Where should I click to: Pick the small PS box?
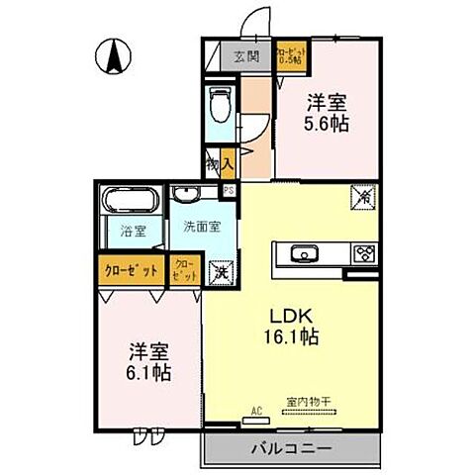click(229, 192)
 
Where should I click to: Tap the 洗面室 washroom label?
click(201, 226)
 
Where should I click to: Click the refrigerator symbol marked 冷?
click(360, 197)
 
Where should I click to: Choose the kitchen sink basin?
click(304, 253)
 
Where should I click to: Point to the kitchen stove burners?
click(363, 253)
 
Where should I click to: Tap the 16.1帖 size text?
click(293, 338)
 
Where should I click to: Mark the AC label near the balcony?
click(255, 409)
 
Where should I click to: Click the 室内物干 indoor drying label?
click(308, 402)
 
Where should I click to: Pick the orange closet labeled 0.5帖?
click(289, 56)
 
